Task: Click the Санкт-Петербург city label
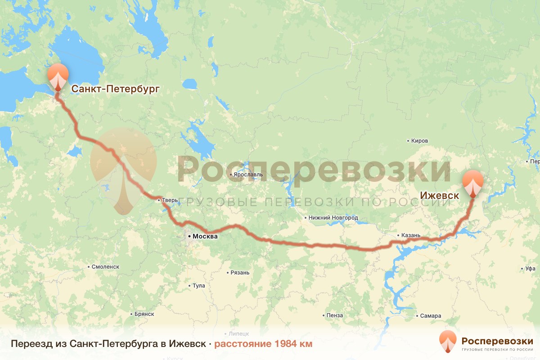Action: tap(115, 89)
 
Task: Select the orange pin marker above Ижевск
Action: tap(473, 183)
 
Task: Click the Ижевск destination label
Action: tap(439, 196)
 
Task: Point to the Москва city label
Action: tap(205, 236)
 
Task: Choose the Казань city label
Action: tap(411, 235)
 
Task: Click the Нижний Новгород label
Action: tap(333, 218)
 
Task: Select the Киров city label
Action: tap(419, 141)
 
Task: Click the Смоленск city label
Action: tap(105, 266)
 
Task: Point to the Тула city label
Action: tap(198, 286)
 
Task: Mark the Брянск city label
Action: tap(144, 314)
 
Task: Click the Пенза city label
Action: tap(335, 315)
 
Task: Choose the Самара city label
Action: tap(431, 315)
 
